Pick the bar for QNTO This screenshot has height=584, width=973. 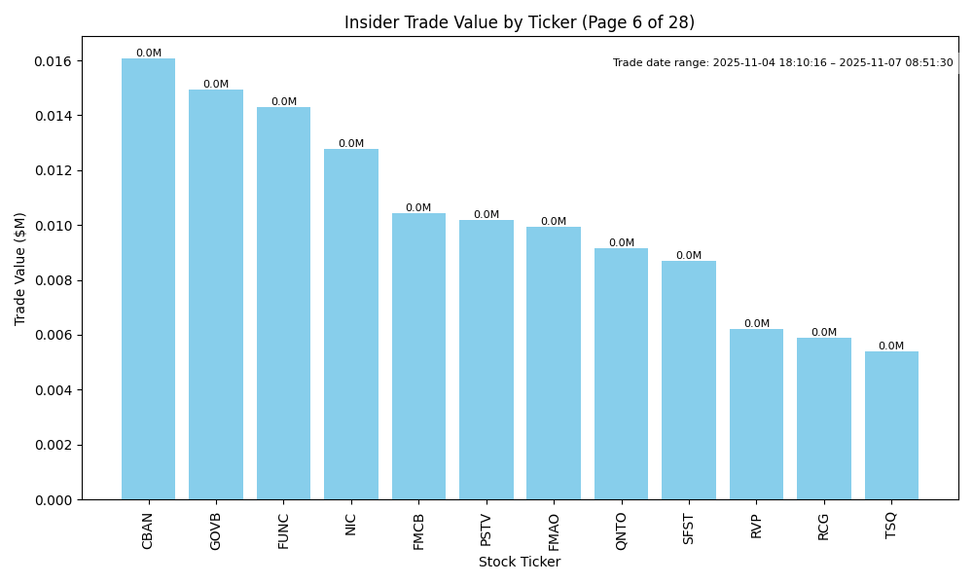coord(621,374)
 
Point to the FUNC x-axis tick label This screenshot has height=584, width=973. coord(284,530)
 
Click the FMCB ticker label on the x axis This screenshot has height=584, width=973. coord(419,531)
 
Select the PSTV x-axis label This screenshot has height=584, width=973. coord(486,530)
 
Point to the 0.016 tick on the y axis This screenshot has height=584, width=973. coord(54,61)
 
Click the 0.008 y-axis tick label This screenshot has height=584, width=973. coord(54,280)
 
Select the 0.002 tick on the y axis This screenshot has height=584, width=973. coord(54,445)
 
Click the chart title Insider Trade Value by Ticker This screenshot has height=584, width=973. coord(520,22)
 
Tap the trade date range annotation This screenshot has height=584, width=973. coord(782,63)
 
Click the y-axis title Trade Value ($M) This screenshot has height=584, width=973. coord(20,268)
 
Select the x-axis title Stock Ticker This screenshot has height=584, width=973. coord(520,563)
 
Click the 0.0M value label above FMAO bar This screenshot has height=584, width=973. coord(554,222)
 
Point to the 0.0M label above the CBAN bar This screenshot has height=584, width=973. coord(149,54)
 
